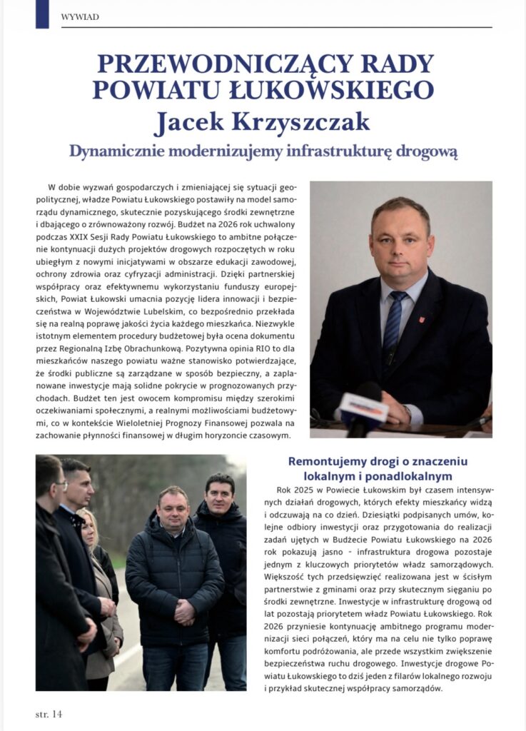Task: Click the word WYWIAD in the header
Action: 80,16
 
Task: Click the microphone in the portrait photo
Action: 362,410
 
